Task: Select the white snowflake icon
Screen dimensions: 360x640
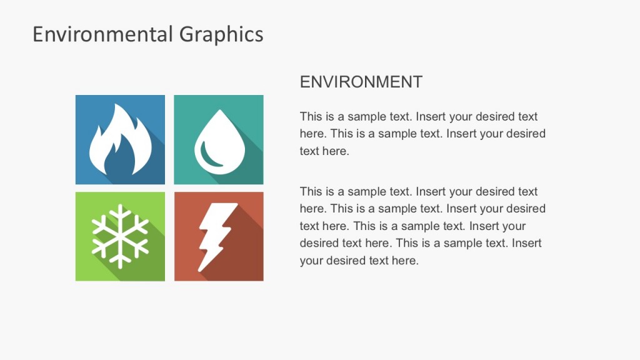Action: tap(120, 236)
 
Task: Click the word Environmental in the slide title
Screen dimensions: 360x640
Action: tap(103, 34)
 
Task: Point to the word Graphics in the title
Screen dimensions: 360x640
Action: tap(221, 34)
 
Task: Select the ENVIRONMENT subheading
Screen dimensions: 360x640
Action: tap(361, 82)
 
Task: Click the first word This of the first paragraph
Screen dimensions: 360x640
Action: tap(311, 117)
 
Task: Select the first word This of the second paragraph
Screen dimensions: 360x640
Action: tap(311, 192)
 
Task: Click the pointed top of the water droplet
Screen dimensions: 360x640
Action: tap(219, 112)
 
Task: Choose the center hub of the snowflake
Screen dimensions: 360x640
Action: tap(120, 236)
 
